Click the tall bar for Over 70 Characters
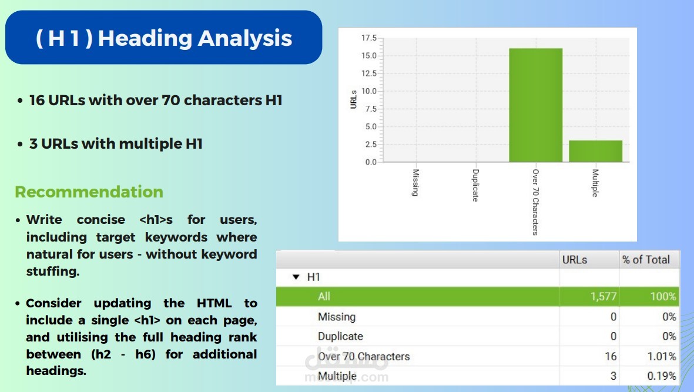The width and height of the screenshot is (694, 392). click(535, 105)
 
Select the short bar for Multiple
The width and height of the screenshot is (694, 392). click(595, 151)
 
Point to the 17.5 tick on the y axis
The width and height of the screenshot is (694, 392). click(368, 38)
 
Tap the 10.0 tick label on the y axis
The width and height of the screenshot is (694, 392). click(368, 91)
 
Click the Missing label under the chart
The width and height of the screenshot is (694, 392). click(415, 182)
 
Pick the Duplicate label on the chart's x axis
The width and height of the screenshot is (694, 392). click(475, 185)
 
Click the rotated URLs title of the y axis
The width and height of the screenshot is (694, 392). click(353, 99)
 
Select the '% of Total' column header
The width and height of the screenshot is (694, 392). click(646, 260)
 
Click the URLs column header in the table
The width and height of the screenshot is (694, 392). click(575, 260)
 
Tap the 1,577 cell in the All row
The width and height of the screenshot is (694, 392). click(604, 296)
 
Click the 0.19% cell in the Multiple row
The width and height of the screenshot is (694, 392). click(662, 376)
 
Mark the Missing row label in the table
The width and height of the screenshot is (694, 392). click(337, 317)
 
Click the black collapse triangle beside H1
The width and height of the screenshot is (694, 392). click(296, 277)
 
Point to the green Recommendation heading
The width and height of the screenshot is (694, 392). click(89, 192)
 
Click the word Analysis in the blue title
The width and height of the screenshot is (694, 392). click(245, 38)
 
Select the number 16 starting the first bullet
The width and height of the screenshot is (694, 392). click(37, 100)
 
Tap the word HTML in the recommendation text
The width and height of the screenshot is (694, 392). click(214, 303)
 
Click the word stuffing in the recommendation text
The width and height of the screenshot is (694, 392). click(53, 271)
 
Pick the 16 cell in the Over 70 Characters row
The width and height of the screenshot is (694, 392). click(611, 357)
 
